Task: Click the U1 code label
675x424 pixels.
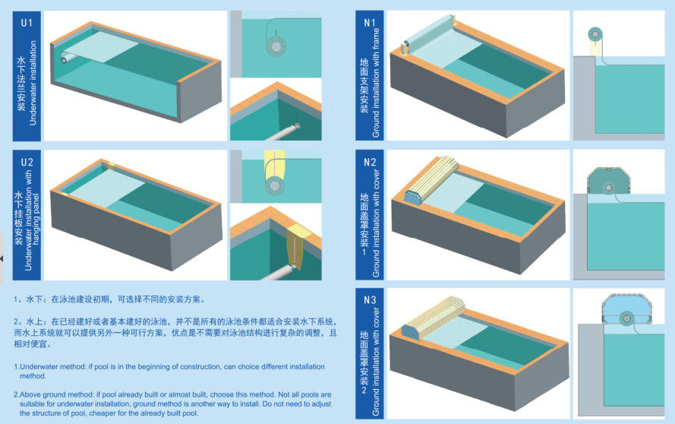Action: tap(27, 22)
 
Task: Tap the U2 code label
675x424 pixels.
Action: tap(27, 162)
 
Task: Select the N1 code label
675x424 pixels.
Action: tap(370, 22)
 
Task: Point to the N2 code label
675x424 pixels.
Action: tap(370, 162)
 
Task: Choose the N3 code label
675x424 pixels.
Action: tap(370, 299)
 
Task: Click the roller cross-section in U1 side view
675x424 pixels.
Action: tap(276, 46)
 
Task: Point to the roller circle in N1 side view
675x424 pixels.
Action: tap(595, 34)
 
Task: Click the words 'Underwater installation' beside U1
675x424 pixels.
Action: tap(33, 83)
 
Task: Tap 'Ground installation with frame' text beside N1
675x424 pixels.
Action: tap(376, 83)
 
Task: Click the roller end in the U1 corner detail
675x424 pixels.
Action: tap(296, 127)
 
